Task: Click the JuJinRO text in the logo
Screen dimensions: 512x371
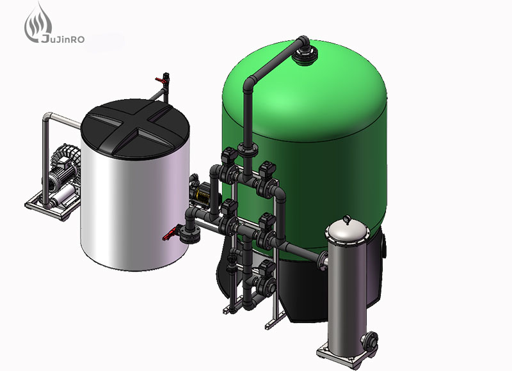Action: [62, 40]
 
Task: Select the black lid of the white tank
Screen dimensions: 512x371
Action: [135, 129]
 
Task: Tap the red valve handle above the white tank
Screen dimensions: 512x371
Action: [159, 80]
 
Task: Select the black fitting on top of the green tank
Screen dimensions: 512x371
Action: [305, 54]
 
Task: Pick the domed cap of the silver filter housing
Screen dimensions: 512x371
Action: [348, 230]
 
